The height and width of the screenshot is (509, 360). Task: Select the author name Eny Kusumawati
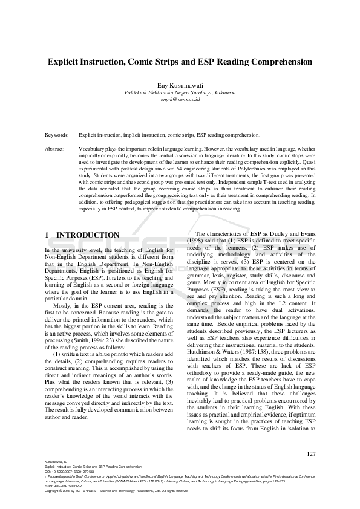[180, 85]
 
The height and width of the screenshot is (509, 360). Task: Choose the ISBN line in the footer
[67, 485]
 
